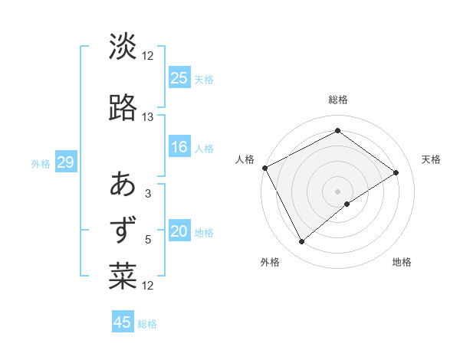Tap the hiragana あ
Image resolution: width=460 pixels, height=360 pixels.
123,185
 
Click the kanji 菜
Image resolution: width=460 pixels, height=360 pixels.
123,277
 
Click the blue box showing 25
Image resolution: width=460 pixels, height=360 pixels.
179,77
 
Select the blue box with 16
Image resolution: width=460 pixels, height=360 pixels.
179,147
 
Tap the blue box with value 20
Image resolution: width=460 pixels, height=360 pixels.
179,231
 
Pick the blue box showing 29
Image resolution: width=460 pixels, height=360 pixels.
65,162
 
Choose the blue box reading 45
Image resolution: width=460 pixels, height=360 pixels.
123,322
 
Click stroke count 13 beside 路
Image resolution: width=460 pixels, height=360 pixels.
148,116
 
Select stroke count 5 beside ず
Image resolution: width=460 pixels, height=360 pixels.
148,239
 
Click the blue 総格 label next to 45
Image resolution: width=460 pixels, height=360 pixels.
148,324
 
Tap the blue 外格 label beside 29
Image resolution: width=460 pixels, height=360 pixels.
41,163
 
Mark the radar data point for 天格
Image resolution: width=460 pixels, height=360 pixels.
396,172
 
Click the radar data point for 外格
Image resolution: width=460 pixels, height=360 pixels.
301,242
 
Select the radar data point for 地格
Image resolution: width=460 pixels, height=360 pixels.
347,203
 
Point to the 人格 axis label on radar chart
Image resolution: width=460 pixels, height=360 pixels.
245,159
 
